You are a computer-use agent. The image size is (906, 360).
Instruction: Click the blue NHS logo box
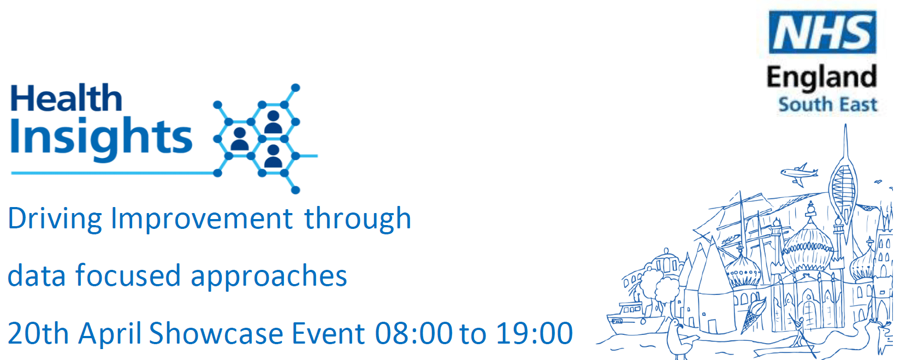pyautogui.click(x=822, y=32)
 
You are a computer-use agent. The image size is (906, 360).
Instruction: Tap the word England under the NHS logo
pyautogui.click(x=821, y=78)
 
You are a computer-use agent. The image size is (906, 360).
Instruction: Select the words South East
pyautogui.click(x=827, y=104)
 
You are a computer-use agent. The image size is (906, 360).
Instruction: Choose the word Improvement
pyautogui.click(x=202, y=219)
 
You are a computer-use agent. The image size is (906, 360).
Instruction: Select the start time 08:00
pyautogui.click(x=413, y=334)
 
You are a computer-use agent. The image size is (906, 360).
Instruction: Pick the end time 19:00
pyautogui.click(x=534, y=334)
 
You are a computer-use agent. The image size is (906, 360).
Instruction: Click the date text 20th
pyautogui.click(x=38, y=334)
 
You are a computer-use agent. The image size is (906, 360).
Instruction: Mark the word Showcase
pyautogui.click(x=216, y=334)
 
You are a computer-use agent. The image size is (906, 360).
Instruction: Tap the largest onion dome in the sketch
pyautogui.click(x=808, y=247)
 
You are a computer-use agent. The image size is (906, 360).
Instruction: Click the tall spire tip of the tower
pyautogui.click(x=845, y=125)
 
